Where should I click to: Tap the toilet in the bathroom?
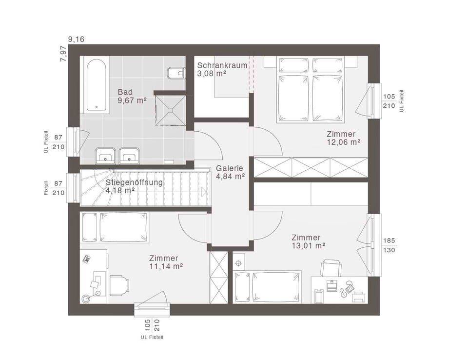(x=176, y=73)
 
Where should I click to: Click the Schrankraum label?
(x=222, y=65)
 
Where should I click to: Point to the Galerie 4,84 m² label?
(x=230, y=172)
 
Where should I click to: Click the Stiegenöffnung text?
(x=135, y=182)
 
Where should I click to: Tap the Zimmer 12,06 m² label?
(x=343, y=138)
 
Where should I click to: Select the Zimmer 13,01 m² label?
(x=308, y=241)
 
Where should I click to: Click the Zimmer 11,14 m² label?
(x=166, y=262)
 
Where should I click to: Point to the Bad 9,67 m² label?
(x=132, y=96)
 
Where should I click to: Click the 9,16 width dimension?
(x=77, y=39)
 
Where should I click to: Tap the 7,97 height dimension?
(x=63, y=54)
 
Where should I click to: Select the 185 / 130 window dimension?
(x=389, y=245)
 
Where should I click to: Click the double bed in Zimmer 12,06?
(x=311, y=90)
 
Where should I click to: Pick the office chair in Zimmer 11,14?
(x=119, y=285)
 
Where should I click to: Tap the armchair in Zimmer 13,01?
(x=331, y=268)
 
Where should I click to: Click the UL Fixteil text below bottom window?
(x=152, y=337)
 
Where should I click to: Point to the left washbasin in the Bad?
(x=105, y=155)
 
